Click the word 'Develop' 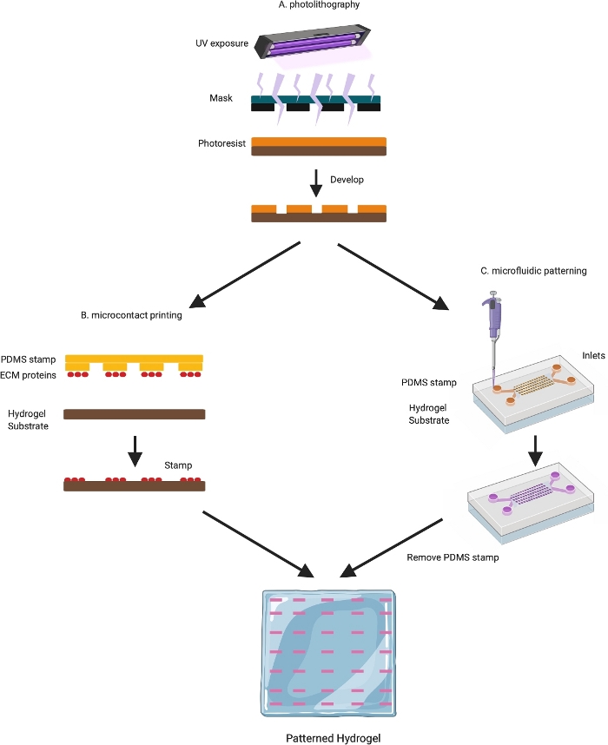coord(347,180)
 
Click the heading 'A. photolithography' coord(321,5)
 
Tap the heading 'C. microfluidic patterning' coord(534,271)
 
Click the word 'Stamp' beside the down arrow coord(178,465)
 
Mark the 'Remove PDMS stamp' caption coord(453,557)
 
